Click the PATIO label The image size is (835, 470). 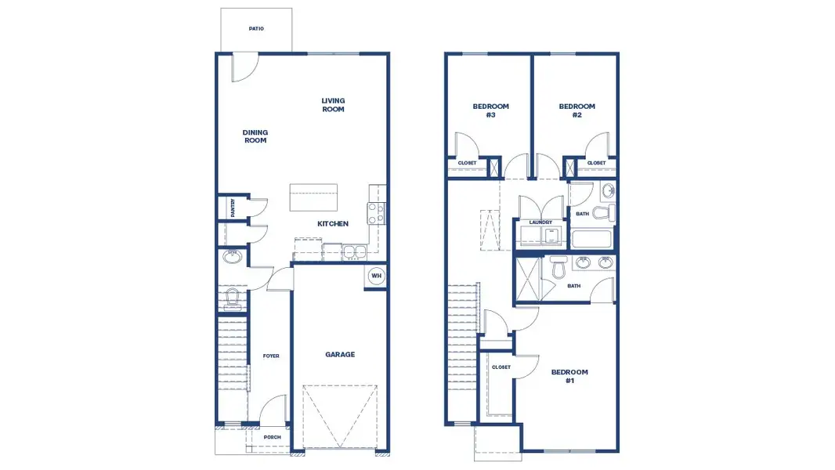tap(256, 29)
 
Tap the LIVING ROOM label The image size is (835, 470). tap(333, 105)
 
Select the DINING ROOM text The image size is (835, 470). tap(255, 136)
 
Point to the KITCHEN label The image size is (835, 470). tap(332, 224)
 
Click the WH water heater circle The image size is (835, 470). tap(376, 276)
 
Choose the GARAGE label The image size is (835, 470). tap(340, 355)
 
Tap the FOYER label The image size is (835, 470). tap(271, 356)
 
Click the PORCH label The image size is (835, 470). tap(272, 437)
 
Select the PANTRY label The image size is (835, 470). tap(233, 208)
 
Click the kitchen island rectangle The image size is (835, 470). tap(313, 197)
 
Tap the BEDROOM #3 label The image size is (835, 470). tap(490, 110)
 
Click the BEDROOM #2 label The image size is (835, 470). tap(577, 110)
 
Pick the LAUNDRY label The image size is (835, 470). tap(540, 222)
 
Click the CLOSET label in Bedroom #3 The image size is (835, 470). tap(467, 164)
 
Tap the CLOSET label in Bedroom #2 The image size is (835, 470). tap(596, 164)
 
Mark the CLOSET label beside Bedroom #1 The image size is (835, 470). tap(501, 367)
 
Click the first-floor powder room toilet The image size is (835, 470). tap(232, 298)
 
